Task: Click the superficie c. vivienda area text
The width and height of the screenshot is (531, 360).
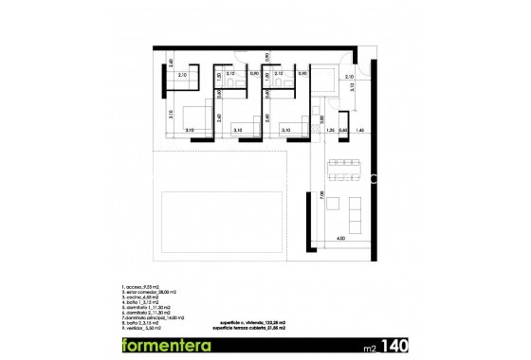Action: (x=253, y=321)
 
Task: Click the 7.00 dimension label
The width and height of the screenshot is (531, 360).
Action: (x=321, y=195)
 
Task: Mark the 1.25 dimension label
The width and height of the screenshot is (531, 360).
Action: (x=330, y=129)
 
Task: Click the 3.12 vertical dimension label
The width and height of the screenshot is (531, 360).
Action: (x=351, y=87)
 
